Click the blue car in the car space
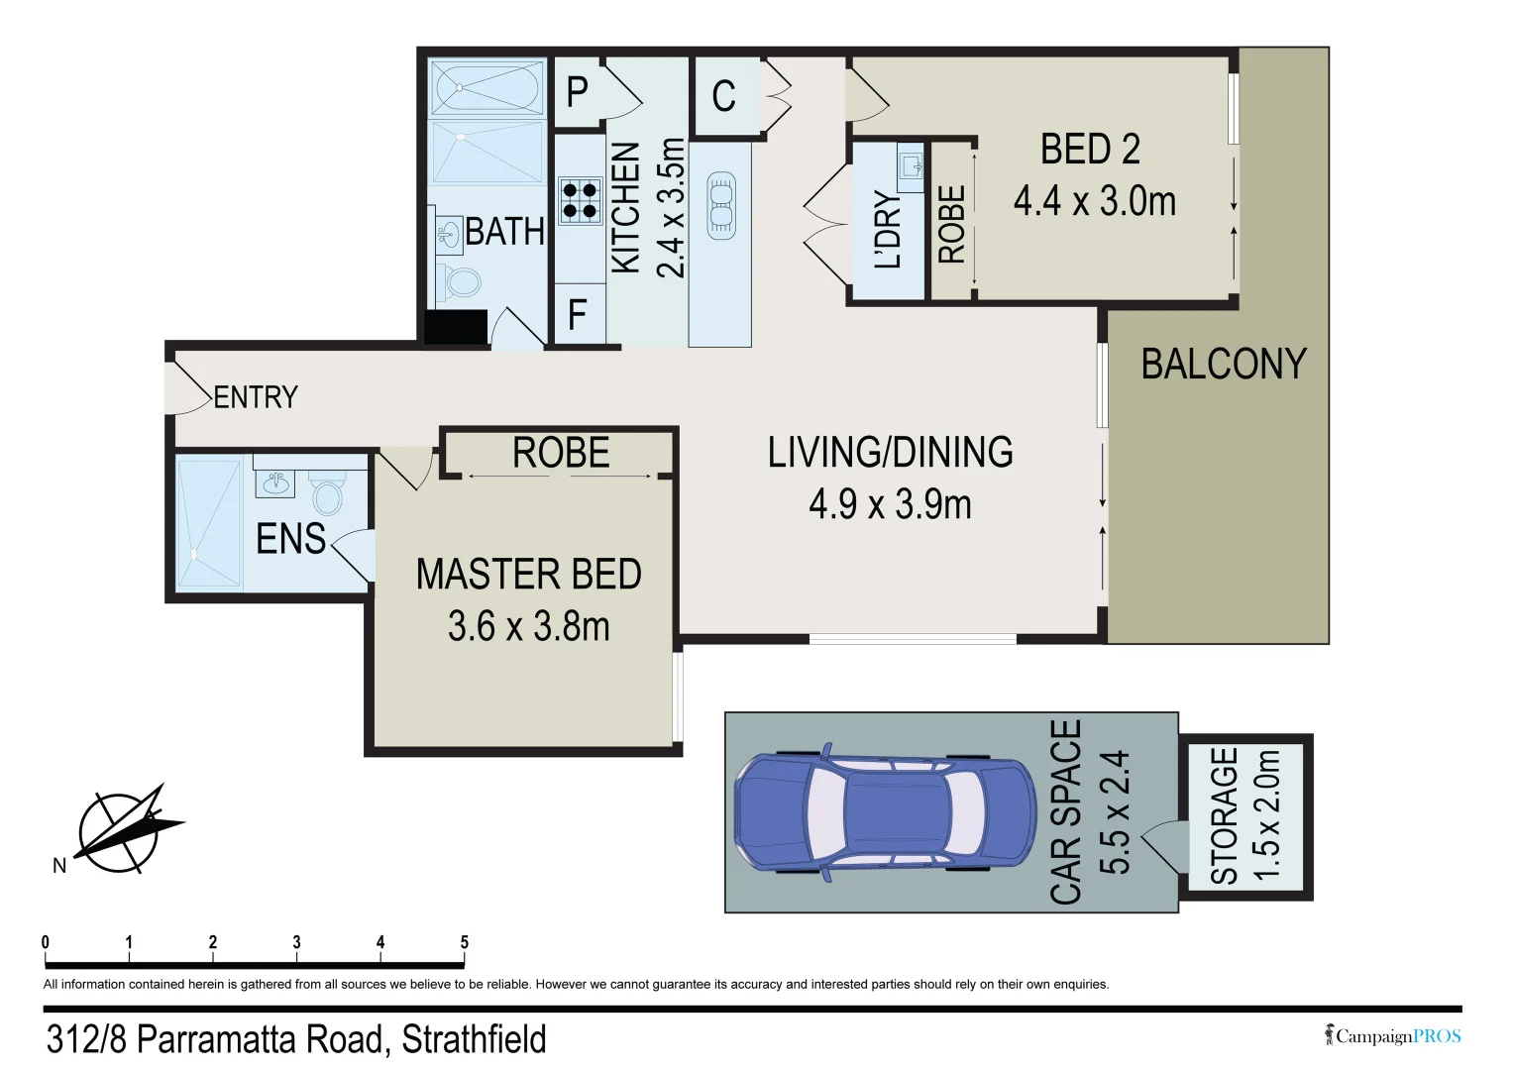[885, 812]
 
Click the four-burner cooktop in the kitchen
[580, 201]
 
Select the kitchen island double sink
[720, 205]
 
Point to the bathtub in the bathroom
[486, 87]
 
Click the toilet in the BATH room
[459, 283]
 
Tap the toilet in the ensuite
[327, 491]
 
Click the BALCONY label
[1224, 365]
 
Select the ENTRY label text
[256, 397]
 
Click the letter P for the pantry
[577, 92]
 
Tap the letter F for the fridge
[576, 314]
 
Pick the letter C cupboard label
[723, 96]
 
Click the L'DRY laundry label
[888, 230]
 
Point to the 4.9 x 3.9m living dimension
[890, 504]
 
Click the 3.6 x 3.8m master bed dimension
[529, 626]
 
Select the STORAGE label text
[1224, 815]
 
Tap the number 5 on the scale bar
[464, 941]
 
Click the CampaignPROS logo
[1392, 1035]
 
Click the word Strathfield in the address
[475, 1039]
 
